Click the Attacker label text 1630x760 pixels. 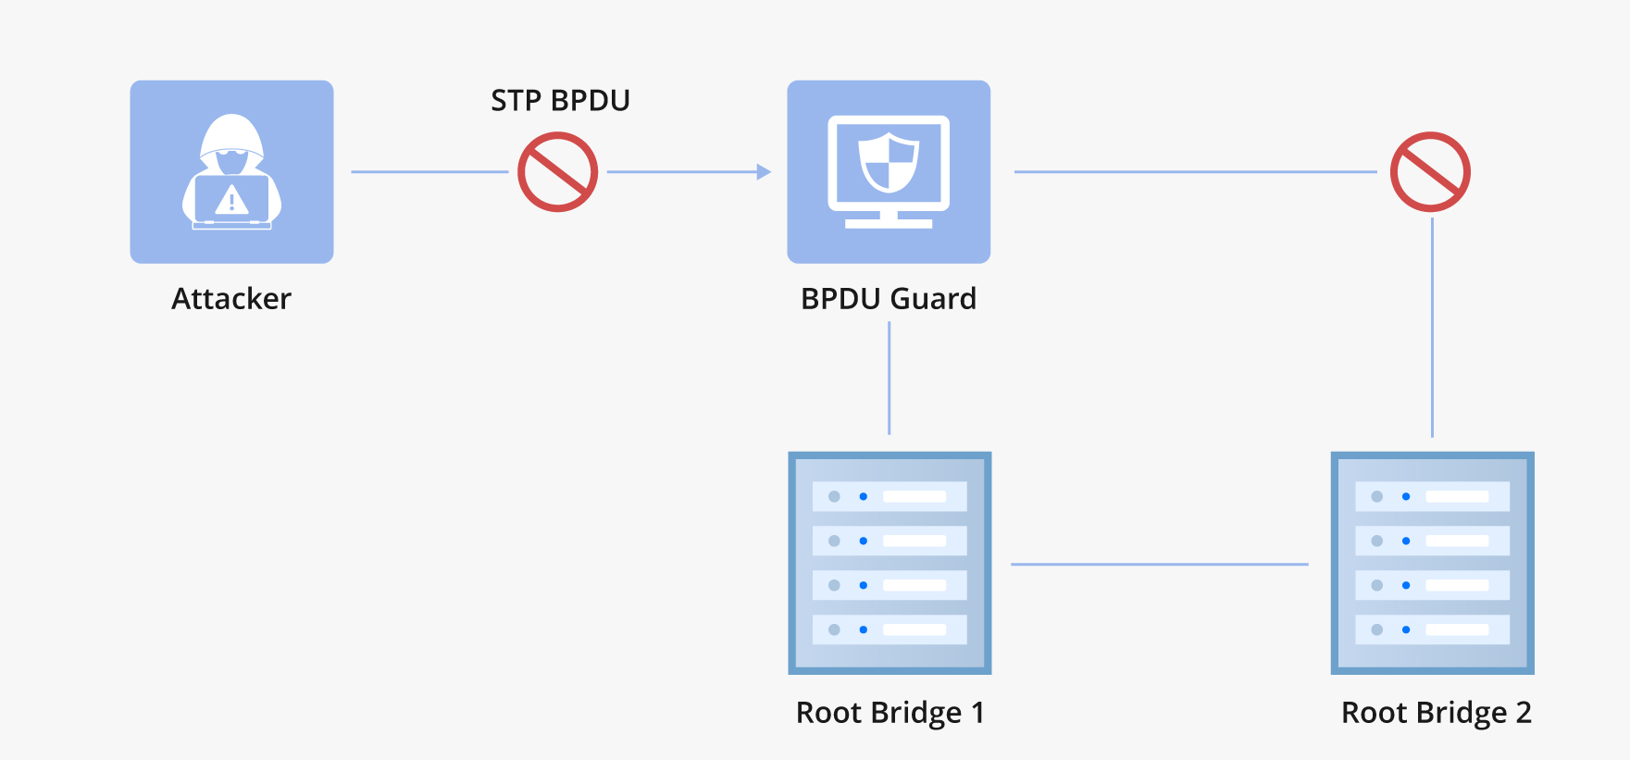(x=231, y=299)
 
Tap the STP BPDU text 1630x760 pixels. (x=560, y=100)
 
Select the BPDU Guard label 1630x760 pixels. (x=888, y=299)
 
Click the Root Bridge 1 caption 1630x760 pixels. (x=889, y=713)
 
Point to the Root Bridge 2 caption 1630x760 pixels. (x=1436, y=713)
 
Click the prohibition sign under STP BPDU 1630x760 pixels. (x=557, y=172)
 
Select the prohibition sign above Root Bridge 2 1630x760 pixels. (x=1430, y=172)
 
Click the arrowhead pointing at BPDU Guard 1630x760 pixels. (x=764, y=172)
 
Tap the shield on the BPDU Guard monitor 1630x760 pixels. (x=889, y=161)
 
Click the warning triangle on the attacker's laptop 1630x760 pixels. (x=231, y=200)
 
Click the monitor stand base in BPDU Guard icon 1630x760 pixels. (x=889, y=223)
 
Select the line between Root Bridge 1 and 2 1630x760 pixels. (x=1159, y=564)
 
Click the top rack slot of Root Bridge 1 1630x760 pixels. (x=889, y=496)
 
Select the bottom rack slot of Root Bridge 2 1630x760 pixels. (x=1432, y=629)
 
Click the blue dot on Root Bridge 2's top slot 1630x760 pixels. (x=1406, y=497)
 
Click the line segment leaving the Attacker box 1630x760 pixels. (x=429, y=172)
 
